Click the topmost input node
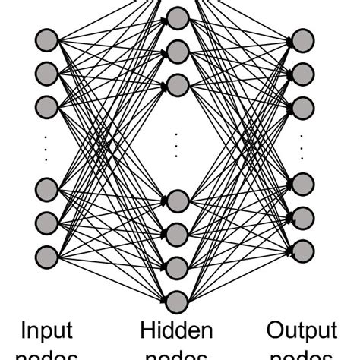point(47,39)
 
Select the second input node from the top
point(47,72)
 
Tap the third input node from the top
point(47,105)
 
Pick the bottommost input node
point(47,254)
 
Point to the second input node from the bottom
point(47,221)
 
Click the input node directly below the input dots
point(47,188)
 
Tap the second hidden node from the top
point(177,52)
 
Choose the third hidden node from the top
point(177,84)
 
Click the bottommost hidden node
point(177,302)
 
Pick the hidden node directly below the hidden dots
point(177,201)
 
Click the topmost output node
point(302,39)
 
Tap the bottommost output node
point(302,249)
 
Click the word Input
point(47,331)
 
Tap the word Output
point(302,331)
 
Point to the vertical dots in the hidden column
point(177,144)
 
